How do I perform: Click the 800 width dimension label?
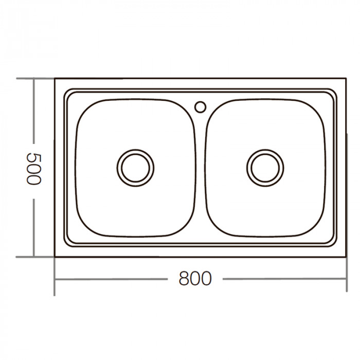[195, 279]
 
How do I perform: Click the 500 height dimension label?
[33, 168]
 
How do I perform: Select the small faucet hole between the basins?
[200, 107]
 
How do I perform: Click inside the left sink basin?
[103, 206]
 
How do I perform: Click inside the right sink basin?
[298, 206]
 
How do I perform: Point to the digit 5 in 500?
[33, 156]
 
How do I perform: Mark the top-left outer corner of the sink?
[55, 79]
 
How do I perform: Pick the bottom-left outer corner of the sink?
[55, 257]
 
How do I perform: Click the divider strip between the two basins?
[201, 170]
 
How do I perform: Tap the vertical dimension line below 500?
[33, 226]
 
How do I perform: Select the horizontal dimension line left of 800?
[113, 280]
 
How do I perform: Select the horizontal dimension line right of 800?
[283, 280]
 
